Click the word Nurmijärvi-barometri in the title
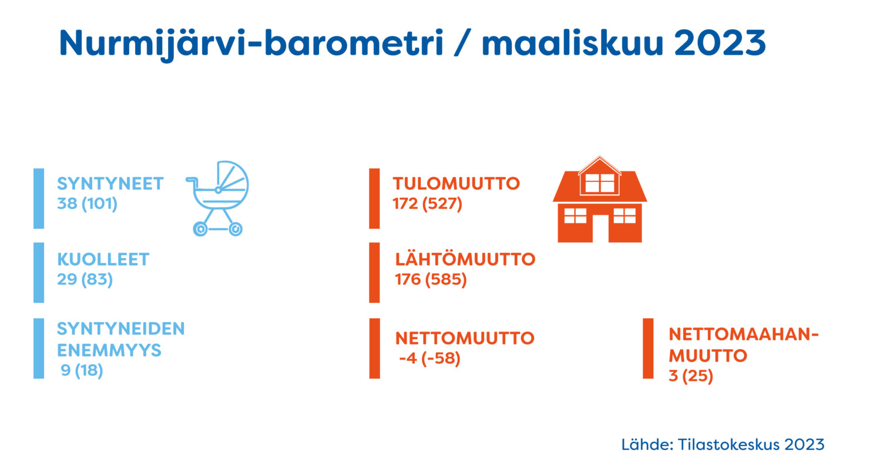251,43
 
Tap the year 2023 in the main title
720,42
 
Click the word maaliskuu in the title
573,42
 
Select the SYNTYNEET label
110,184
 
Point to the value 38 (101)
87,204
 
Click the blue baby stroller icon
217,198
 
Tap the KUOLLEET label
103,259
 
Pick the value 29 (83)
85,279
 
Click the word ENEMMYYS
109,350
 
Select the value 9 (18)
82,370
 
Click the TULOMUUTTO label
456,184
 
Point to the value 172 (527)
427,204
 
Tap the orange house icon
600,200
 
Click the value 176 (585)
431,279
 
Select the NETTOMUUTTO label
465,338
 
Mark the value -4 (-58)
429,358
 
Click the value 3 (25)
691,376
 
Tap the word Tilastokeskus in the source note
728,445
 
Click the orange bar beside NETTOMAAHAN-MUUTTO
648,349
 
